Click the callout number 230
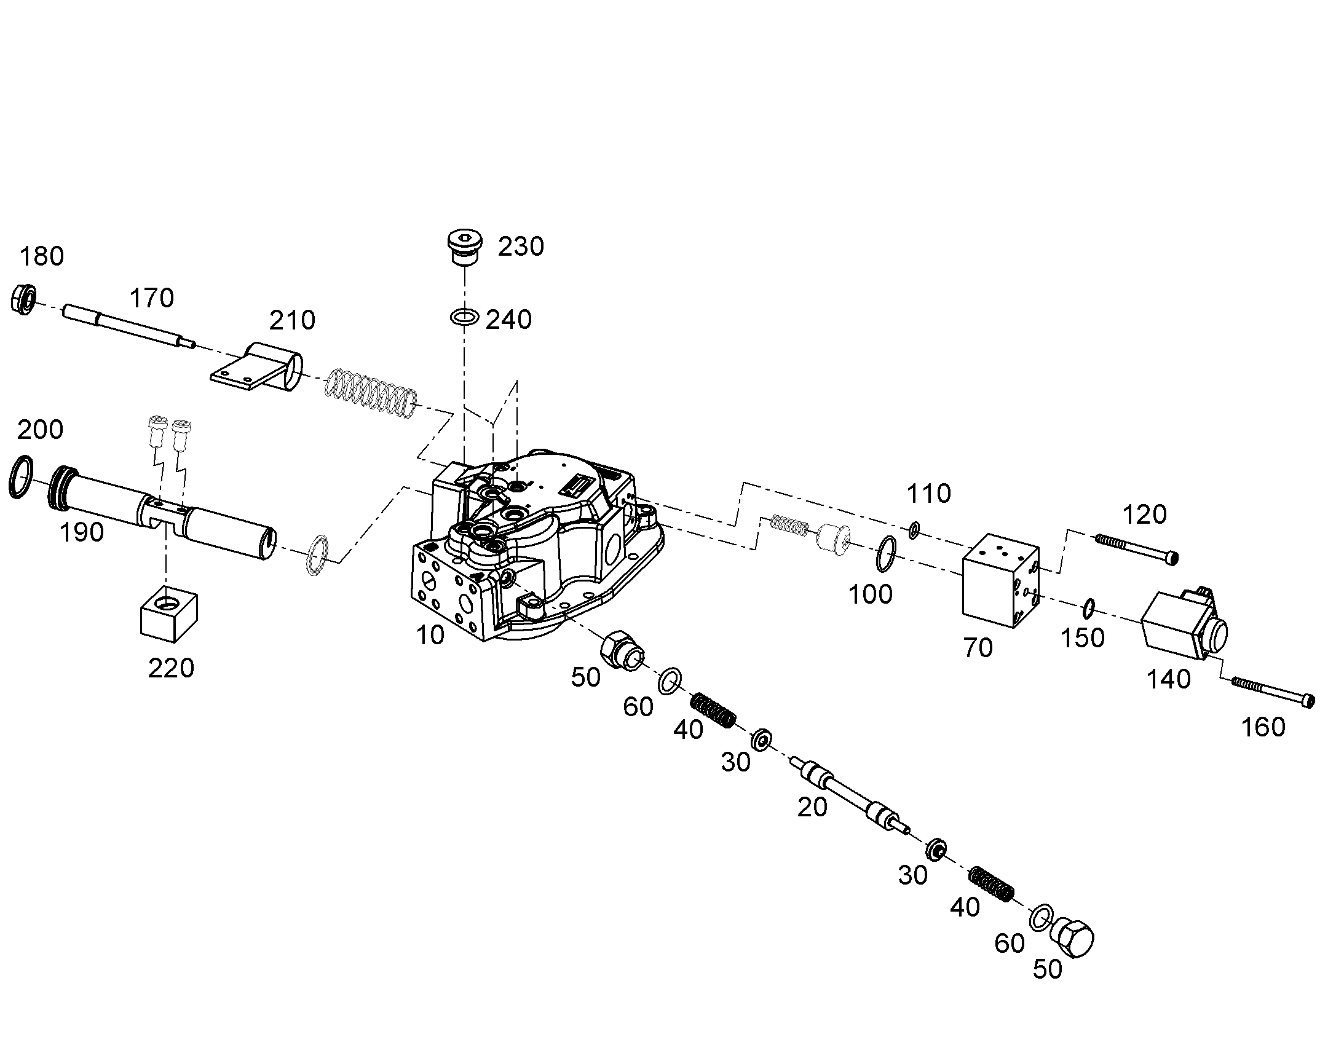pyautogui.click(x=521, y=246)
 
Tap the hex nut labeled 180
pyautogui.click(x=24, y=300)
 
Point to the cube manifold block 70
pyautogui.click(x=1001, y=580)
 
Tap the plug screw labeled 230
pyautogui.click(x=463, y=248)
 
